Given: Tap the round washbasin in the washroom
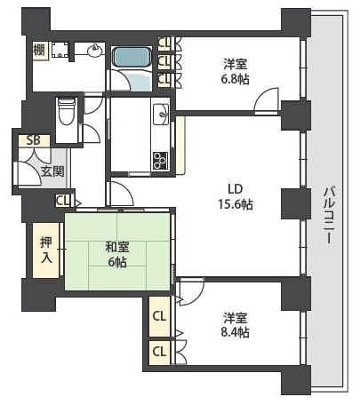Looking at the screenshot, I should point(92,52).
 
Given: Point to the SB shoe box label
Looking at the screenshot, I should point(32,140).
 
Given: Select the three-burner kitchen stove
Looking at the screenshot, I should point(161,160).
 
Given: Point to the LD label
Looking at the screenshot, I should point(235,188).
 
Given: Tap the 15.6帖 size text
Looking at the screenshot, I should point(235,203).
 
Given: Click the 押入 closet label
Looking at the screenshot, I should point(46,250).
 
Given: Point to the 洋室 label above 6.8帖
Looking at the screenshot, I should point(236,62).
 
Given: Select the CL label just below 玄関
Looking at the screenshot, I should point(62,201).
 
